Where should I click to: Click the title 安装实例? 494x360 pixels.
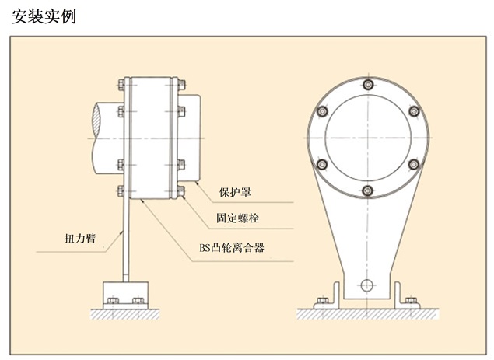pyautogui.click(x=44, y=16)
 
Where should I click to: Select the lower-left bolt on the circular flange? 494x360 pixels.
pyautogui.click(x=320, y=163)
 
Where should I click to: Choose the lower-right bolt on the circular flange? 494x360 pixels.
pyautogui.click(x=414, y=163)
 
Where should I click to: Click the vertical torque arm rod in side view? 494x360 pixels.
pyautogui.click(x=124, y=241)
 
